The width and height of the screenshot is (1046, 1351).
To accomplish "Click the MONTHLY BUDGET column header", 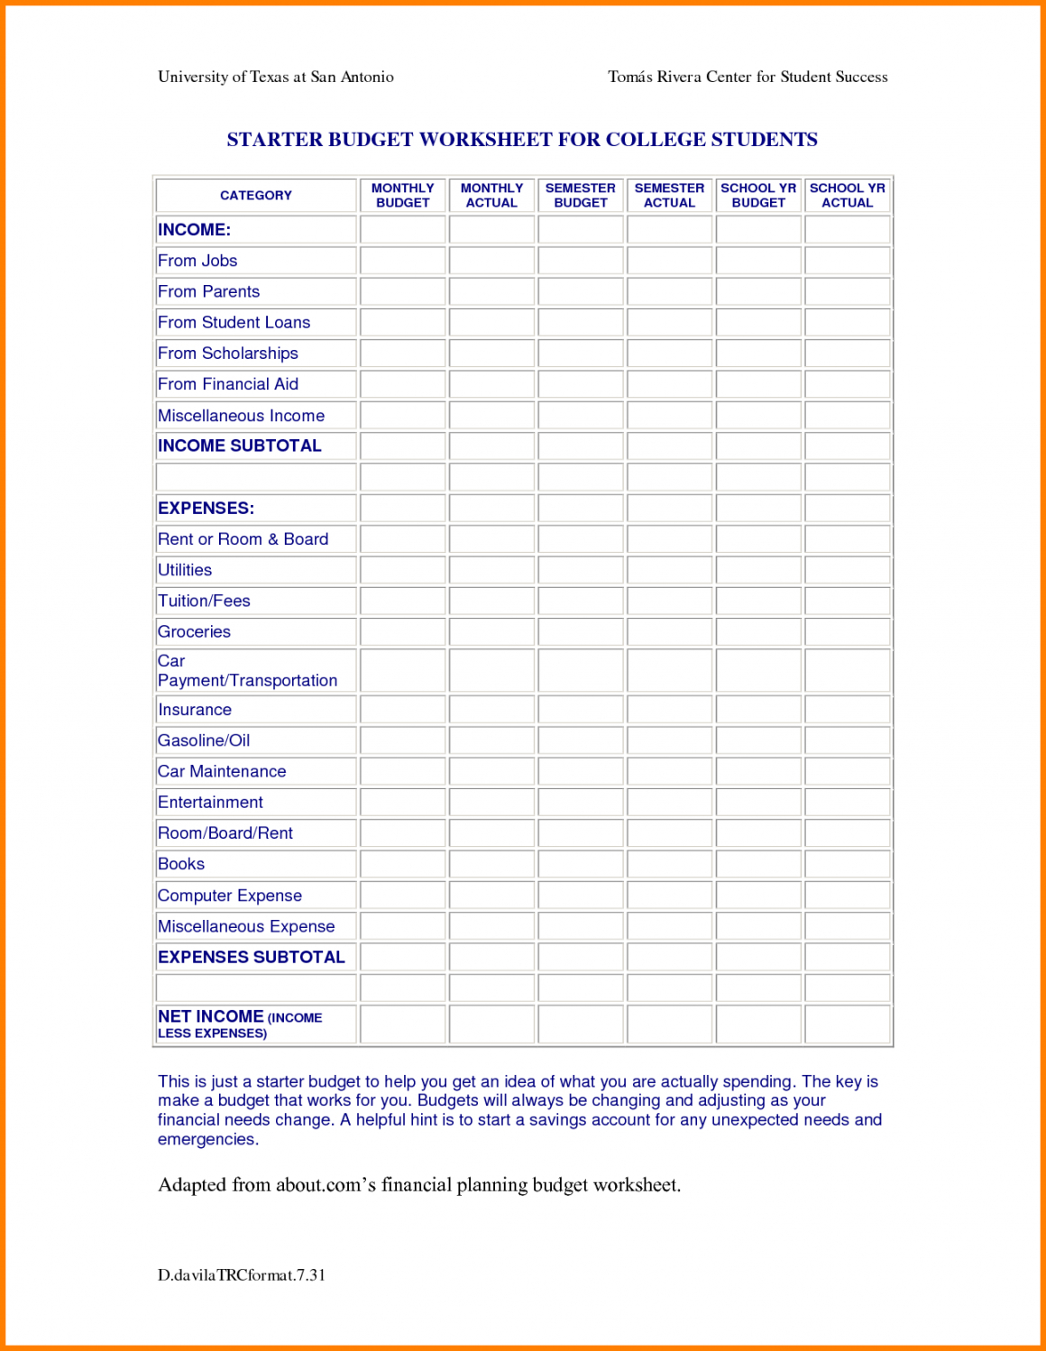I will (403, 196).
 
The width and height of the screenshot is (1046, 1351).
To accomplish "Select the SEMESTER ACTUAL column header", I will (669, 196).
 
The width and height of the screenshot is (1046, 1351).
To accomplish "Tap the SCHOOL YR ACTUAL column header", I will (847, 196).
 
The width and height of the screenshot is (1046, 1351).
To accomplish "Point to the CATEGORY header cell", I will (256, 196).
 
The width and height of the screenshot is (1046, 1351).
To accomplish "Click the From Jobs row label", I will (197, 261).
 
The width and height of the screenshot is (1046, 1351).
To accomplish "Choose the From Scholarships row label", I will (228, 354).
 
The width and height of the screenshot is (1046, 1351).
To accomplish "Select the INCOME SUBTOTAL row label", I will (240, 446).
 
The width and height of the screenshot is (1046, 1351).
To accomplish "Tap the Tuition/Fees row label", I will (204, 601).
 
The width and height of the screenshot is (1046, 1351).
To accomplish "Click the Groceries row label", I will (194, 631).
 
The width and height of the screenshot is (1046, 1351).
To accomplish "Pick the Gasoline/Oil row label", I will (204, 740).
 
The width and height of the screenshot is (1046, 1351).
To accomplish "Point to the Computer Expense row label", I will (230, 896).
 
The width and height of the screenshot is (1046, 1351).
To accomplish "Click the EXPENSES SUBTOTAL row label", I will (252, 957).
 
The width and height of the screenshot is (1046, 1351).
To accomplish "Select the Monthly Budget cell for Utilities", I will (403, 570).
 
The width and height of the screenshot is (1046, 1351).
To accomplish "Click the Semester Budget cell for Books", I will (581, 864).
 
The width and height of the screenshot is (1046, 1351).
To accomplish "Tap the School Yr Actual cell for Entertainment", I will (847, 803).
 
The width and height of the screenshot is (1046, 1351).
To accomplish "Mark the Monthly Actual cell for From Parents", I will (491, 291).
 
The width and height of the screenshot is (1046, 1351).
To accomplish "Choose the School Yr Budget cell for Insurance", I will (758, 710).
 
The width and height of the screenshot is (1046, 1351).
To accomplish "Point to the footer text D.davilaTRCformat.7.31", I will (242, 1275).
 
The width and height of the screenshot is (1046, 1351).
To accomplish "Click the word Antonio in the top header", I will (367, 77).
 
